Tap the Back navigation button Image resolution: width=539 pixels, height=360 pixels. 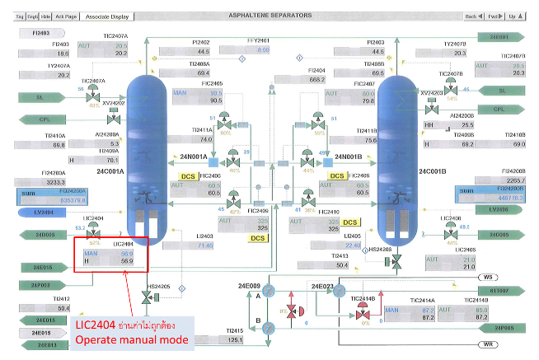point(472,16)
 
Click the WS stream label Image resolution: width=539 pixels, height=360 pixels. point(488,278)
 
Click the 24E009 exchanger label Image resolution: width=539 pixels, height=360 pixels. point(250,286)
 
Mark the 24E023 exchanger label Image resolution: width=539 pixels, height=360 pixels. point(322,286)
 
